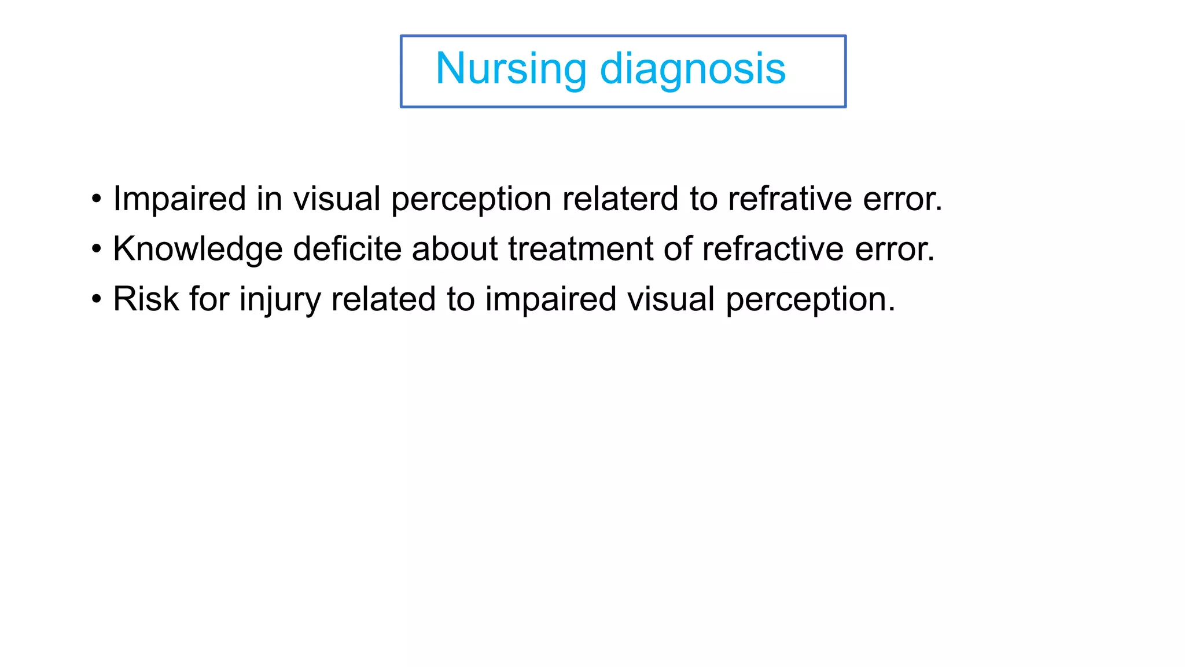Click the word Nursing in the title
click(x=511, y=69)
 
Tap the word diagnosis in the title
click(x=693, y=69)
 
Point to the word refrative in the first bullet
click(x=790, y=199)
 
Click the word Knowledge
click(x=197, y=249)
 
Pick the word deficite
click(x=347, y=249)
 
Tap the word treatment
click(x=580, y=249)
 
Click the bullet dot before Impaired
click(x=96, y=199)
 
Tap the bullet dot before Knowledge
click(x=96, y=250)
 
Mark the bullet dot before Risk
click(x=96, y=300)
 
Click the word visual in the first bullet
click(x=336, y=199)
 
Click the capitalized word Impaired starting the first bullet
click(x=179, y=199)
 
